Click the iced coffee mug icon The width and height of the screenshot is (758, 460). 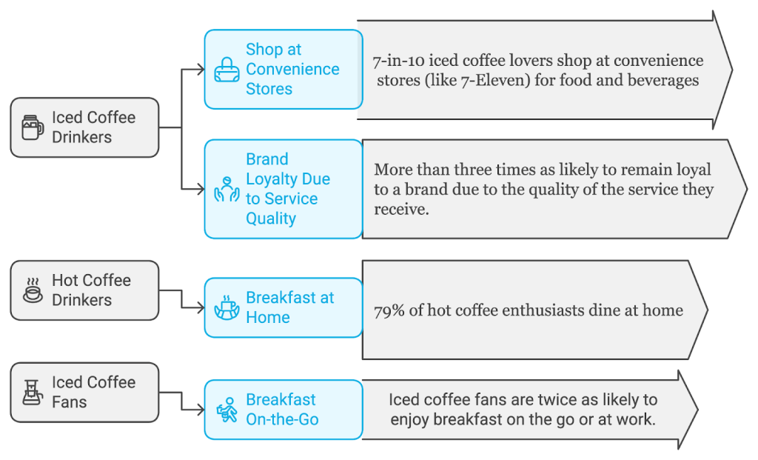click(32, 127)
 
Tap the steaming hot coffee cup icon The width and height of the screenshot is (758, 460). click(33, 290)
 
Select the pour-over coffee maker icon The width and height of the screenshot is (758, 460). click(32, 393)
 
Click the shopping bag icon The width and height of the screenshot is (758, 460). click(227, 70)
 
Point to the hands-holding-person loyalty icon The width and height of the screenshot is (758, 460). click(227, 190)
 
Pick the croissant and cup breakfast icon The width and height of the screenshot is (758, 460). click(227, 307)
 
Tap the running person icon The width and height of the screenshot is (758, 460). click(227, 410)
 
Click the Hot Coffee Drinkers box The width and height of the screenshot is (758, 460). click(84, 290)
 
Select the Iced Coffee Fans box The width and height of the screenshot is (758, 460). click(84, 393)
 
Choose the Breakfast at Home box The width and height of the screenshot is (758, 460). click(284, 307)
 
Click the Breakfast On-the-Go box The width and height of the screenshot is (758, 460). click(284, 410)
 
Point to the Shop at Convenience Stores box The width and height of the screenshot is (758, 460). click(284, 69)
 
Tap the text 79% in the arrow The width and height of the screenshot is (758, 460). click(390, 310)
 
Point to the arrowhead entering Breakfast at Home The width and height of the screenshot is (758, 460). click(200, 307)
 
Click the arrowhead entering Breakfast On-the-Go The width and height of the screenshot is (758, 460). click(200, 409)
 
